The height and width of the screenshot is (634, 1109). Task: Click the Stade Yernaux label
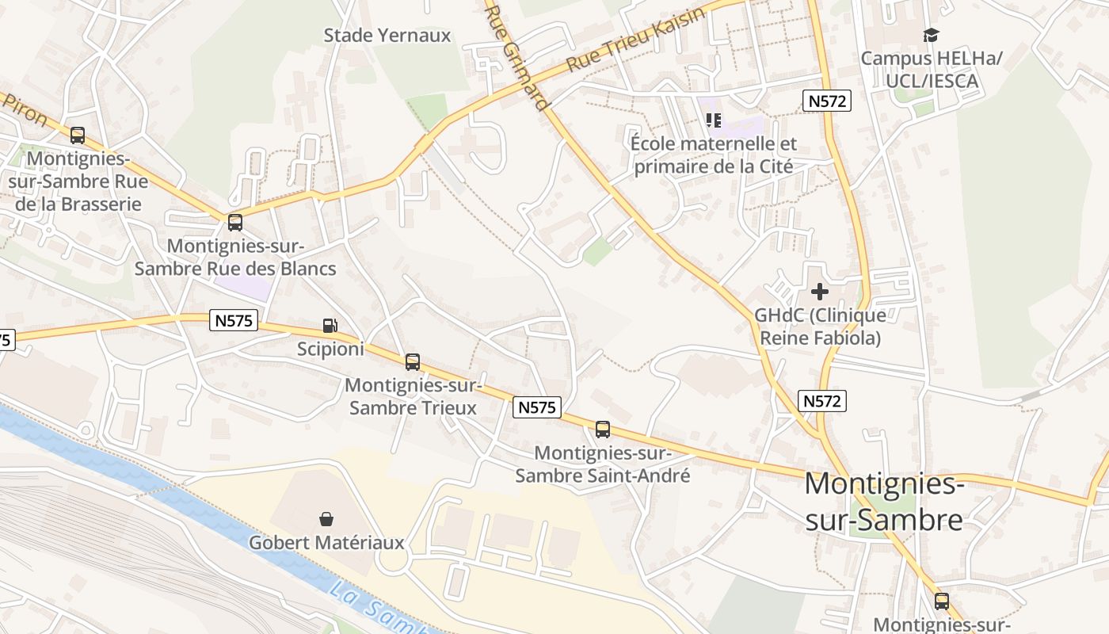[387, 36]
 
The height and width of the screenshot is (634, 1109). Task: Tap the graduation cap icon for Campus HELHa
[931, 35]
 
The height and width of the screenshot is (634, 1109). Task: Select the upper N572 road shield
[827, 101]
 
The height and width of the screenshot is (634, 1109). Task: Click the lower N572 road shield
[821, 401]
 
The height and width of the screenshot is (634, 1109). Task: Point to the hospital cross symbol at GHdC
[820, 292]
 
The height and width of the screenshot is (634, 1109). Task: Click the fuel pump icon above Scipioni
[330, 325]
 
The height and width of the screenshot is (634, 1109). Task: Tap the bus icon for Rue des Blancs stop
[234, 223]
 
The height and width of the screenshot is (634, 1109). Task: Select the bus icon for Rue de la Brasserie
[77, 136]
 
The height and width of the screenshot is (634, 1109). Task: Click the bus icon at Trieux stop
[412, 362]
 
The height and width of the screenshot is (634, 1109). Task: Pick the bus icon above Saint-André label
[602, 430]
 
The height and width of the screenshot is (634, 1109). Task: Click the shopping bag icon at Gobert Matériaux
[326, 519]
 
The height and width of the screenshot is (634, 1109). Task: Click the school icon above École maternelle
[714, 120]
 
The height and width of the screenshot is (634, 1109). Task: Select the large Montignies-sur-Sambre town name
[884, 501]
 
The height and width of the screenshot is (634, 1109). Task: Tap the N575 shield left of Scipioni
[234, 320]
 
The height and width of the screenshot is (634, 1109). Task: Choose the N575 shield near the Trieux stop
[537, 407]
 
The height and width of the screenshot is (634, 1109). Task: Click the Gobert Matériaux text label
[326, 543]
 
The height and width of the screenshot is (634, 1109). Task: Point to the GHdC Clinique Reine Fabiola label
[820, 327]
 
